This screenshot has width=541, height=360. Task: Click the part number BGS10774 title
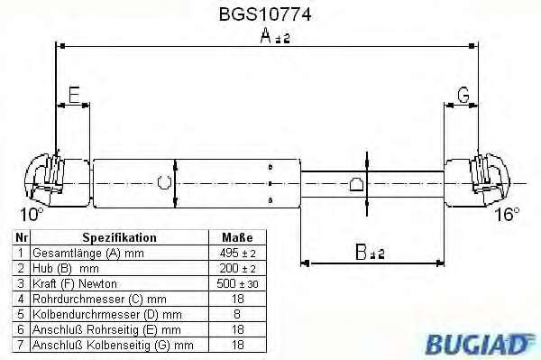coord(265,14)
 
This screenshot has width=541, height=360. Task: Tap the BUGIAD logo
coord(477,344)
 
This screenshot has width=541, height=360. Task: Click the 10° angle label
coord(32,215)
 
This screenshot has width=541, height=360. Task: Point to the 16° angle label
coord(507,215)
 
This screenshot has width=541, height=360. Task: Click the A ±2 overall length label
coord(275,36)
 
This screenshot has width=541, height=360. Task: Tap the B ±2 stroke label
coord(370,253)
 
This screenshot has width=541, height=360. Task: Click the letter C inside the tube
coord(164,182)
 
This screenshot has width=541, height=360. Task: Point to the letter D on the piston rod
coord(356,184)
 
